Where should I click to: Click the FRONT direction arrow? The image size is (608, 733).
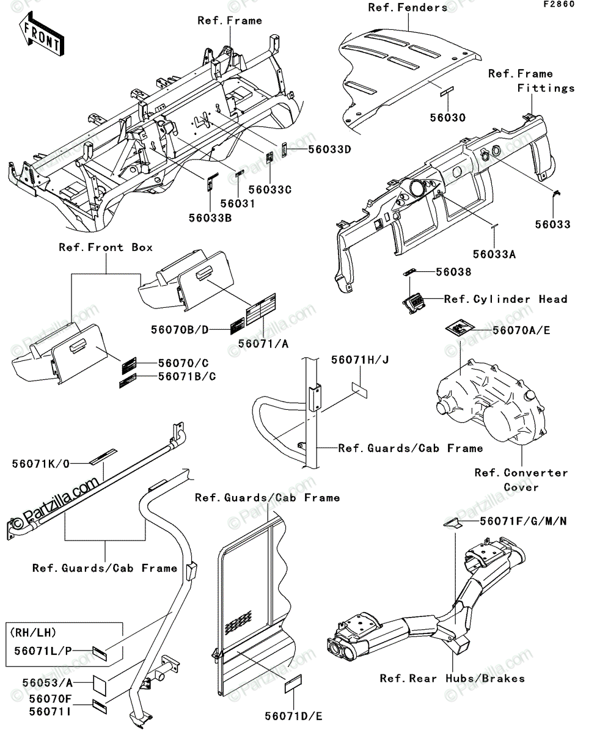pos(42,34)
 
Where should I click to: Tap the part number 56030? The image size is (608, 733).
pos(448,118)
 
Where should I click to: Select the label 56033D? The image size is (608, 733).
pos(329,149)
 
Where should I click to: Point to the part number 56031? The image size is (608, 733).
pos(238,203)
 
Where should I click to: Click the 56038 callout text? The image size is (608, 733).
pos(453,272)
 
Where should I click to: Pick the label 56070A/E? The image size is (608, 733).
pos(521,330)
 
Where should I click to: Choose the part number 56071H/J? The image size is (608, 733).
pos(360,360)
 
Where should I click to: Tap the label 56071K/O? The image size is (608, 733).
pos(41,464)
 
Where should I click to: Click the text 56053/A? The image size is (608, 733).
pos(48,683)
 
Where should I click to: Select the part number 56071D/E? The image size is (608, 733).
pos(293,716)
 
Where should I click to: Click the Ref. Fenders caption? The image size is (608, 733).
pos(408,7)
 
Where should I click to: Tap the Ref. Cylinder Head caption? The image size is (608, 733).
pos(506,299)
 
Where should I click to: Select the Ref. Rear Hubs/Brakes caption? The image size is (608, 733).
pos(452,678)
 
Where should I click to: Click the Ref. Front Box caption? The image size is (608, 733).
pos(106,247)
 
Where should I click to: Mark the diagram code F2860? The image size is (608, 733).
pos(559,4)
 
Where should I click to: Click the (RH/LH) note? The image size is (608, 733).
pos(33,633)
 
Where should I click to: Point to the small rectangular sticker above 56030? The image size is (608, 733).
pos(447,91)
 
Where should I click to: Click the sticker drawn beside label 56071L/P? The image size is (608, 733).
pos(100,654)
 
